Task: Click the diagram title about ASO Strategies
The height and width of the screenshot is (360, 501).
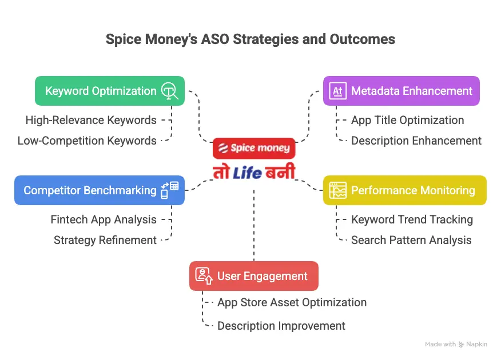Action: (250, 39)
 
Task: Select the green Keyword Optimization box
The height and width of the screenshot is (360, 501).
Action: (109, 91)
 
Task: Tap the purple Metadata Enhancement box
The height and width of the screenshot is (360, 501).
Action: (401, 91)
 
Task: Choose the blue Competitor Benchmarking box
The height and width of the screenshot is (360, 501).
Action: (99, 190)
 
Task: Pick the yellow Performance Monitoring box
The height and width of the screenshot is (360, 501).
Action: (404, 190)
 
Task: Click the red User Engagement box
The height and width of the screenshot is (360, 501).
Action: (253, 276)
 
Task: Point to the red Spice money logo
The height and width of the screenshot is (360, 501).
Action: (254, 148)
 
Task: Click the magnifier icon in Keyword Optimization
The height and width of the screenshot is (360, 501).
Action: (169, 91)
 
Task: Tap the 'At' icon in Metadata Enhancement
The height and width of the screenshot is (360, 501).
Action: (337, 91)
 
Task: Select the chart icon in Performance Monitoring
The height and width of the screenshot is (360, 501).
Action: (337, 190)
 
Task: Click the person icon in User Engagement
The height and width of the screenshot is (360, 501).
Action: (204, 275)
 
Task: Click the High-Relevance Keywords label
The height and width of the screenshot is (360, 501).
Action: (91, 120)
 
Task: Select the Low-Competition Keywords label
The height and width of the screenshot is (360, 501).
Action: (87, 141)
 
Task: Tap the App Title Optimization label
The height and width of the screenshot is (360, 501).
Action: (407, 120)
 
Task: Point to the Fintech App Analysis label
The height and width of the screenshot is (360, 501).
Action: (104, 219)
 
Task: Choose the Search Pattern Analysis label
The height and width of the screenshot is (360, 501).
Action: (411, 240)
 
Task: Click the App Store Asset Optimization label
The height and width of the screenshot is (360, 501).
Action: (292, 302)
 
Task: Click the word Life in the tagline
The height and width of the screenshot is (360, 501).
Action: (248, 171)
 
